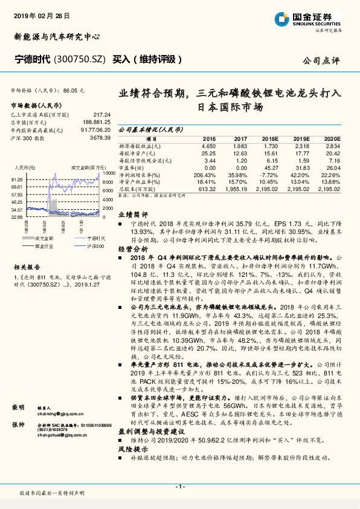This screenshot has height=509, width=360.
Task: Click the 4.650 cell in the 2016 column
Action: pyautogui.click(x=207, y=146)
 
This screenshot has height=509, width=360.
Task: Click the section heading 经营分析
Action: pyautogui.click(x=133, y=248)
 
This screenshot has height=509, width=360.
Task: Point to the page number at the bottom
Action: pyautogui.click(x=179, y=486)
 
